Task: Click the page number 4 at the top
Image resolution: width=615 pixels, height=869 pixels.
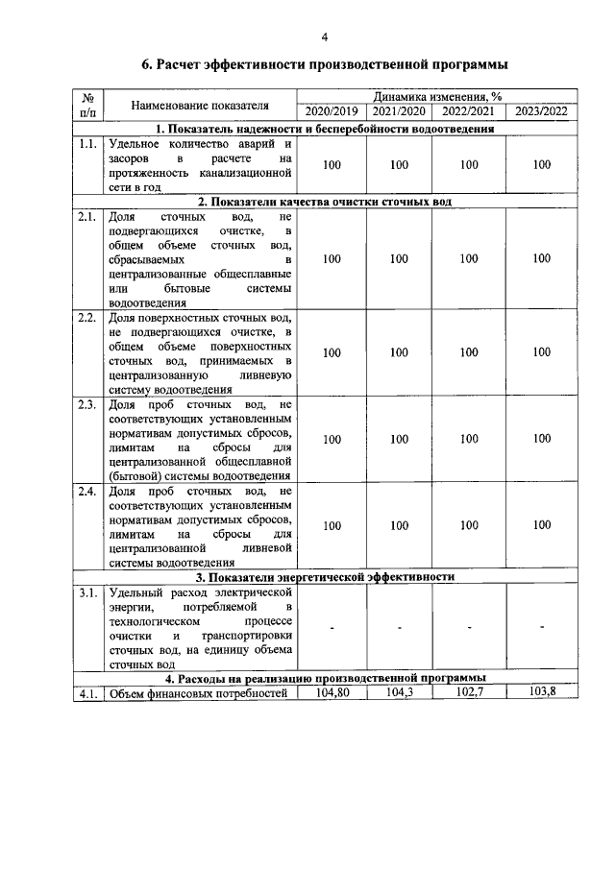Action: point(324,37)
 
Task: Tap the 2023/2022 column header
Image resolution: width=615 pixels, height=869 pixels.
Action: point(542,111)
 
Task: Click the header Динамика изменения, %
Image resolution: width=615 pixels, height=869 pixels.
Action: point(437,97)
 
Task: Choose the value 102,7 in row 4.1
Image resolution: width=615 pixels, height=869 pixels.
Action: point(469,692)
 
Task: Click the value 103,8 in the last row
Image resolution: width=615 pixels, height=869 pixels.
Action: point(542,692)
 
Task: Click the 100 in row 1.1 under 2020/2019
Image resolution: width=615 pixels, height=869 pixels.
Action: point(332,165)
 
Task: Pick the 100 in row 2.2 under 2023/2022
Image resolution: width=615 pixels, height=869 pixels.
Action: point(542,352)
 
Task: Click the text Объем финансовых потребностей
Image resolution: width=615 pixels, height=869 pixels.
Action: point(198,695)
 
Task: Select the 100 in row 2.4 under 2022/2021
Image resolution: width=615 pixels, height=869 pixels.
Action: point(469,525)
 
